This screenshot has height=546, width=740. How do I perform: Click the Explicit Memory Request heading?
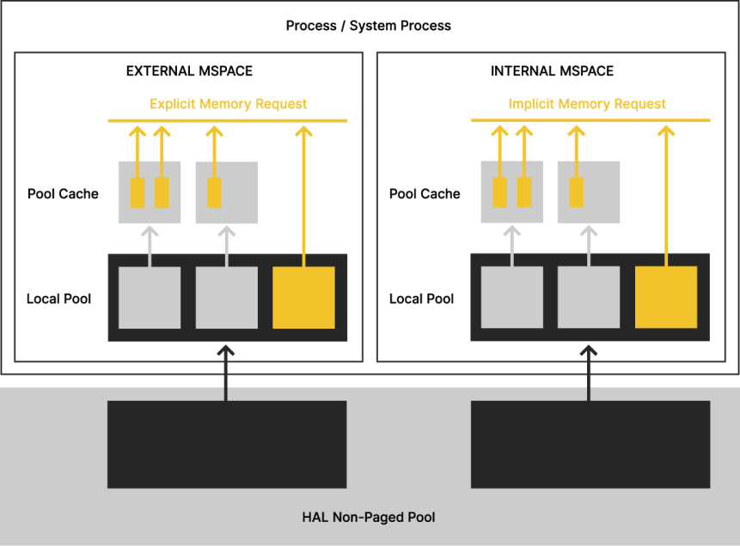[229, 104]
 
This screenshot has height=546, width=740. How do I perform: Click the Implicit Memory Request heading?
[587, 104]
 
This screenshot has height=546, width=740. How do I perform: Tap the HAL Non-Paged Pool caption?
[369, 517]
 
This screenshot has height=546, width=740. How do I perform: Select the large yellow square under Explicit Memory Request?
[303, 297]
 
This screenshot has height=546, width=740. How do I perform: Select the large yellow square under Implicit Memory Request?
[666, 297]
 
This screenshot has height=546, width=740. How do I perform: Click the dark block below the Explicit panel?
[227, 444]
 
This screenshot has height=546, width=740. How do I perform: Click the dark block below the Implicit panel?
[590, 444]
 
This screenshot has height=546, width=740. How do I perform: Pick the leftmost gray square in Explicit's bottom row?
[150, 297]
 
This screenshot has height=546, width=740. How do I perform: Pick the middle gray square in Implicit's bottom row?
[589, 297]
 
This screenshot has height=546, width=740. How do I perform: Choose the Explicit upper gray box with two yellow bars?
[150, 192]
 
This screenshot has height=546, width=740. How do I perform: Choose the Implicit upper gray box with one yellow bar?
[589, 192]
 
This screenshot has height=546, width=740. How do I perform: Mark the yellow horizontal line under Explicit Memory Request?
[228, 121]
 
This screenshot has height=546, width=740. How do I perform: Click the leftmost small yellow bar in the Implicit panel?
[500, 192]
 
